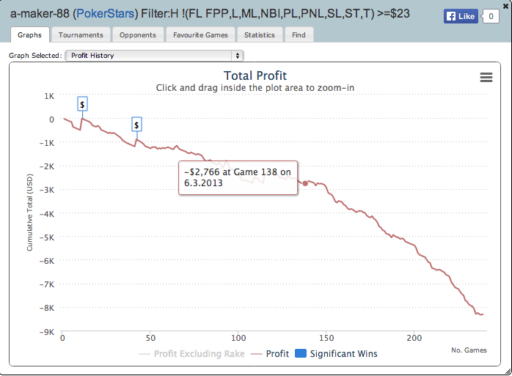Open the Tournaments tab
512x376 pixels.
[x=81, y=34]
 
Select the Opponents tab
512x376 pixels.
[x=138, y=34]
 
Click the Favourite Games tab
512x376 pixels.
[x=200, y=34]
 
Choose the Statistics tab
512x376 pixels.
[x=260, y=34]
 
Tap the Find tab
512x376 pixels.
[x=299, y=34]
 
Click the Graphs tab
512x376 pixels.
[x=30, y=34]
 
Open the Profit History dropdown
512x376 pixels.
[x=154, y=55]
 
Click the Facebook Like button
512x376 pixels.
[x=461, y=16]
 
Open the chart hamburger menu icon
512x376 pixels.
[x=486, y=77]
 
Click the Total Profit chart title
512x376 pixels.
[x=255, y=75]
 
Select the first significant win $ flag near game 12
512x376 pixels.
[x=83, y=104]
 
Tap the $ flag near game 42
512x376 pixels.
[x=137, y=125]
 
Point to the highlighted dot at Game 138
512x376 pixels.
[x=305, y=183]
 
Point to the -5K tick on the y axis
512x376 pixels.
[x=48, y=237]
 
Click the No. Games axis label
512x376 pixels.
[x=469, y=350]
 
